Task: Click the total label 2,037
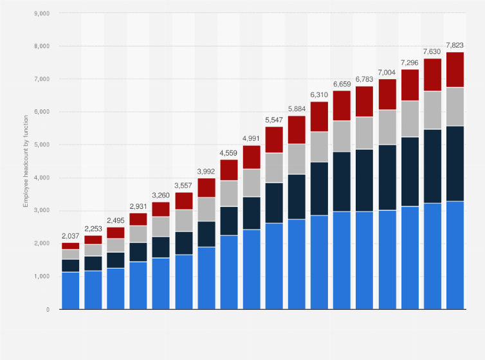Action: (70, 236)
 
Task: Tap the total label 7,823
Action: (455, 45)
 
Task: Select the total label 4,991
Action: (252, 138)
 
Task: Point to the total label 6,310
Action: (319, 94)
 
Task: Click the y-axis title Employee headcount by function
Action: (26, 161)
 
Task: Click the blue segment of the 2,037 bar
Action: (70, 291)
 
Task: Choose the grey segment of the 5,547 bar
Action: (274, 168)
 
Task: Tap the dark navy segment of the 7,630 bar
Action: (432, 166)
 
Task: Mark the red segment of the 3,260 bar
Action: (161, 209)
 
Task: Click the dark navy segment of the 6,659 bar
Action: (342, 181)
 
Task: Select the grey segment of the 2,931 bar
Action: (138, 234)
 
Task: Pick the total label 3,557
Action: (183, 185)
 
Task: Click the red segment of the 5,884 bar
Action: (297, 129)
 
